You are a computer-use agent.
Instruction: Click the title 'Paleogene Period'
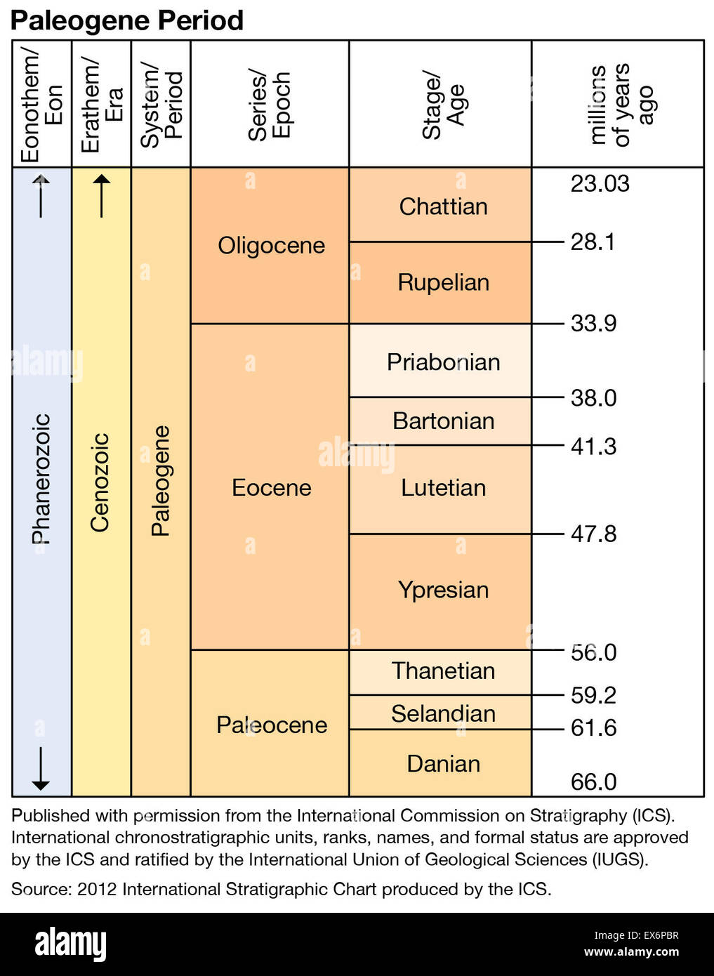(127, 20)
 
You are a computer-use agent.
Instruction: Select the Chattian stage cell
(442, 206)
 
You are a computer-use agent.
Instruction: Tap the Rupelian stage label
(443, 282)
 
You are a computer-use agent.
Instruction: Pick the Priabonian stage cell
(443, 362)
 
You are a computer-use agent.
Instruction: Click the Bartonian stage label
(443, 421)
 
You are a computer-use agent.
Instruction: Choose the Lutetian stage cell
(443, 487)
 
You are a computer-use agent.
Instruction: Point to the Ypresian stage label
(443, 590)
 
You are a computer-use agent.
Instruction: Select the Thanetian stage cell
(443, 671)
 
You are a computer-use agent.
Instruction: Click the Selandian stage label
(443, 713)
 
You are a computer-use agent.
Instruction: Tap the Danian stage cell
(443, 763)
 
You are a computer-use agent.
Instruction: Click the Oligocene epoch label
(271, 246)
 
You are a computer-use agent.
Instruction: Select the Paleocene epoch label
(271, 725)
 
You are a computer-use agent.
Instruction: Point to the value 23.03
(600, 184)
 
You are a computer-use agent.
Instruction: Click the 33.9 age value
(593, 323)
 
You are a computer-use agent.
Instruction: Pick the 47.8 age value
(593, 534)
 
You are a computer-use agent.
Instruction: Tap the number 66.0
(593, 782)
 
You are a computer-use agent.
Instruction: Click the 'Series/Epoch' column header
(270, 105)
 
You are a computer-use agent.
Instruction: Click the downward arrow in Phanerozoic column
(41, 770)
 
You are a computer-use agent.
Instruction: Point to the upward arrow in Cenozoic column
(102, 196)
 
